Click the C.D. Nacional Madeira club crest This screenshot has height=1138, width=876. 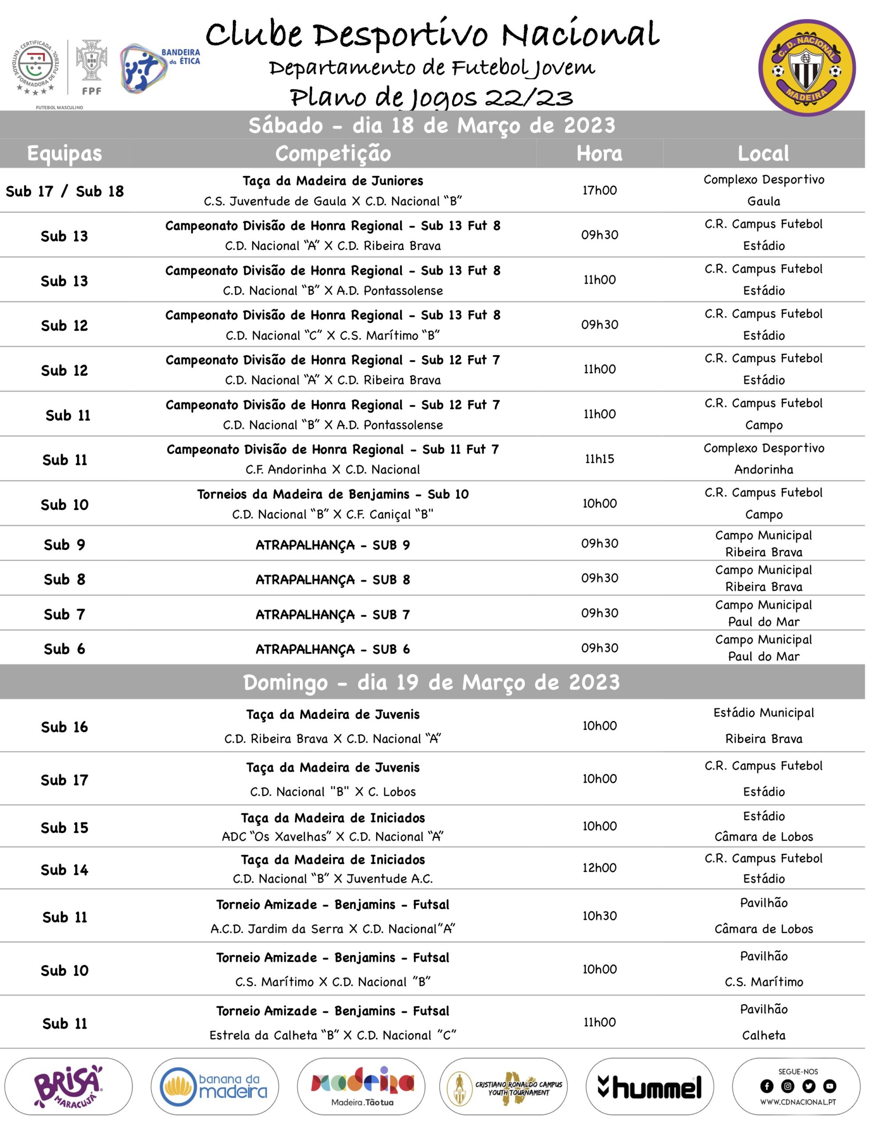coord(806,67)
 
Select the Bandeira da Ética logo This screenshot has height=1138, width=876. coord(159,68)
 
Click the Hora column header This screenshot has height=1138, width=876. coord(599,153)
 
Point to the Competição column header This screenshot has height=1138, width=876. coord(333,153)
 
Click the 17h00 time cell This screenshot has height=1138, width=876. coord(599,190)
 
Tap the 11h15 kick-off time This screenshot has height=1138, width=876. coord(599,459)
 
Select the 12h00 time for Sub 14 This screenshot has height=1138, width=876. coord(599,868)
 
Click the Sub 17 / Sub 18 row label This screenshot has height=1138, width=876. coord(64,191)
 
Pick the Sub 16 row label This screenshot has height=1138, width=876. coord(64,727)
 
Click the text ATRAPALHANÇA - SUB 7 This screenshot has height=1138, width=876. coord(333,615)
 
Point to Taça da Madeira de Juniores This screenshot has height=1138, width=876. coord(333,181)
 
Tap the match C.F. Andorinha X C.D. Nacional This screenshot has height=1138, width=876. coord(333,469)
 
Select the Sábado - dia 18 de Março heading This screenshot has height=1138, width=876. coord(431,125)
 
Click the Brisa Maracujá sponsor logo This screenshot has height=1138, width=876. coord(68,1086)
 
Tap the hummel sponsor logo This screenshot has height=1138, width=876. coord(649,1087)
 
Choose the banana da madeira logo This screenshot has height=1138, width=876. coord(215,1086)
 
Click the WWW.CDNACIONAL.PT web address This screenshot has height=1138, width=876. coord(798,1102)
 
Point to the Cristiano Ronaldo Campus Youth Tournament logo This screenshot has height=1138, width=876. coord(503,1087)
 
